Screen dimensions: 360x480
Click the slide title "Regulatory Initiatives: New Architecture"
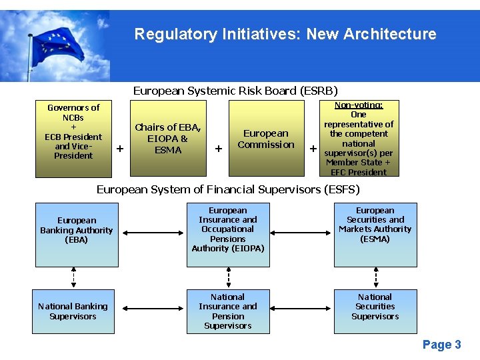click(x=285, y=34)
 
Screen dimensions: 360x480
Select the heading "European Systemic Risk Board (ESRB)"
click(x=235, y=91)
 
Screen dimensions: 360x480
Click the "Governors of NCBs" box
click(x=73, y=139)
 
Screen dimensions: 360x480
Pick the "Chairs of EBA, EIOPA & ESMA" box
click(x=168, y=139)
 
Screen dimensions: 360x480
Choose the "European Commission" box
click(x=266, y=139)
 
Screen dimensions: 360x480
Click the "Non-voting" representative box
click(x=359, y=139)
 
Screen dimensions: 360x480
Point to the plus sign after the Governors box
click(x=120, y=148)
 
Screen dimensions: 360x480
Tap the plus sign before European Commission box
click(x=218, y=148)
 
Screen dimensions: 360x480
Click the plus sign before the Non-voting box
click(x=313, y=148)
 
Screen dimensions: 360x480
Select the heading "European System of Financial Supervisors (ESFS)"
click(x=228, y=189)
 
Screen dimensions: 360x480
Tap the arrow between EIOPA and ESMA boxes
click(x=301, y=233)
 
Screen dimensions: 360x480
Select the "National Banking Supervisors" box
click(x=73, y=311)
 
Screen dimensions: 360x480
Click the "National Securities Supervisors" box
click(x=375, y=311)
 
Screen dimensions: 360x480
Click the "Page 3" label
click(x=441, y=344)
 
